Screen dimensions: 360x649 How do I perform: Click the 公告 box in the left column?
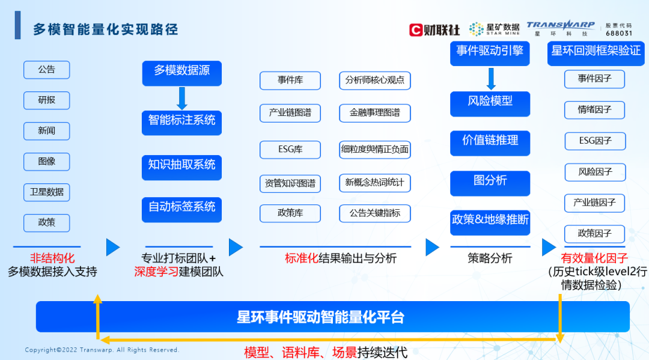[47, 70]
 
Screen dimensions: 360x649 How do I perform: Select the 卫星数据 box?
[47, 192]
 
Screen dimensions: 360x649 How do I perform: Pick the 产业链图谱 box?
[290, 112]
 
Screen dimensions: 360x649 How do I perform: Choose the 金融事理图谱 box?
[374, 112]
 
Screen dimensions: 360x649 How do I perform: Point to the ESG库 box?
[290, 150]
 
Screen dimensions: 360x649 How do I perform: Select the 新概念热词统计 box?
[374, 183]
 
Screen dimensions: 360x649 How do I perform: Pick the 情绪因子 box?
[595, 110]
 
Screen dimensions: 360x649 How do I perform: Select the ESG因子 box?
[595, 141]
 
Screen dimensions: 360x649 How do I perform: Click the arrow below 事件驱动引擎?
[490, 79]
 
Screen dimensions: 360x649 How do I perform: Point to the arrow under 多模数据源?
[181, 98]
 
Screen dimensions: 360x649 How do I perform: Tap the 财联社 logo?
[434, 29]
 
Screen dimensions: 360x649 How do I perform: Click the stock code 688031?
[619, 34]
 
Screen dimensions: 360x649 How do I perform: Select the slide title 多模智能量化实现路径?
[105, 29]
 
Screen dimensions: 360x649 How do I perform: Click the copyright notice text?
[102, 350]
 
